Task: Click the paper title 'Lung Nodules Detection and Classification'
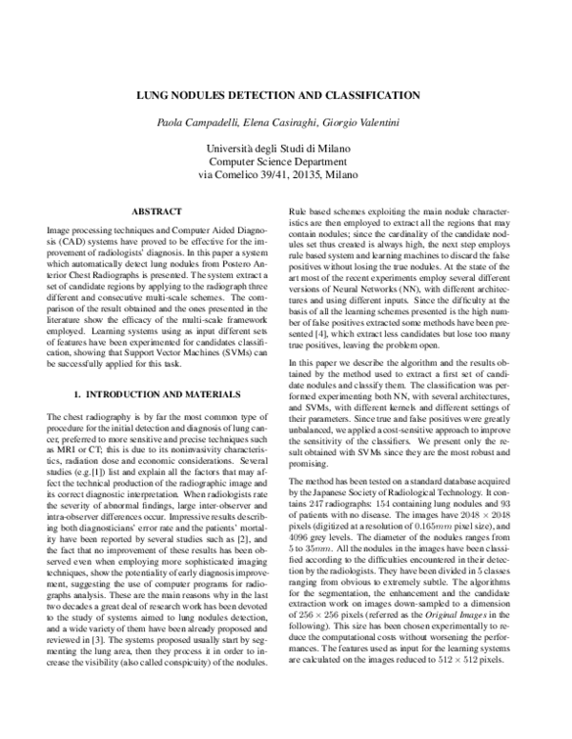(x=286, y=95)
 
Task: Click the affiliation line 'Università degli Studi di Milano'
(x=286, y=149)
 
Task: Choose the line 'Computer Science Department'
(x=286, y=162)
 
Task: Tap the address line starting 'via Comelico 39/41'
(x=286, y=175)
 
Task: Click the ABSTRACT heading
(x=156, y=210)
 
